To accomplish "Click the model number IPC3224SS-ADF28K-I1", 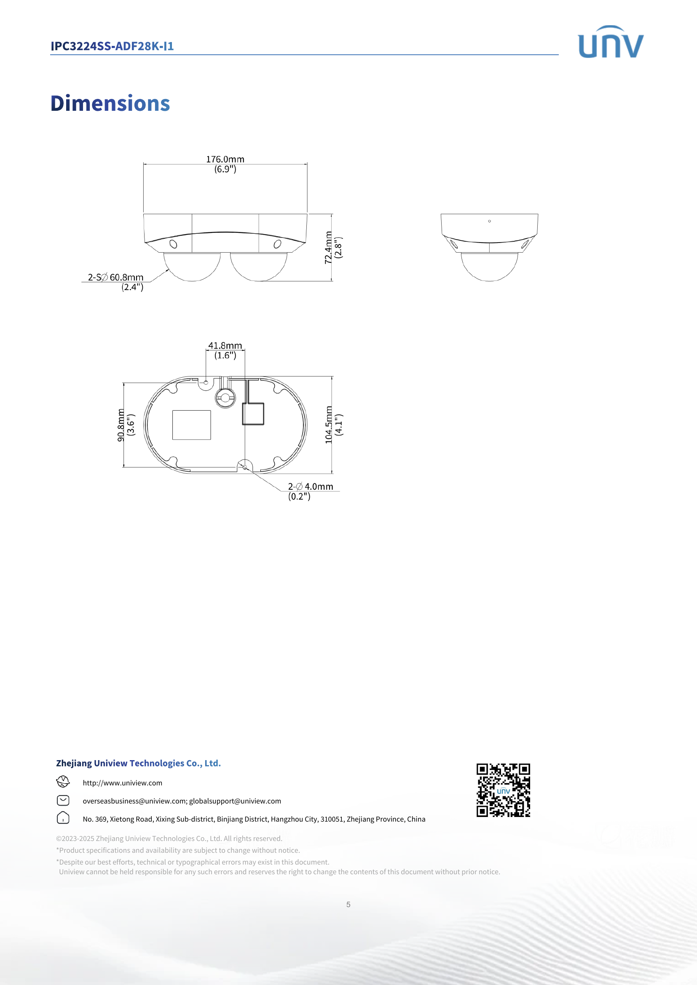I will [x=112, y=46].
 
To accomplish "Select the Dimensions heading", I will [x=110, y=104].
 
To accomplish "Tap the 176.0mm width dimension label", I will [x=225, y=160].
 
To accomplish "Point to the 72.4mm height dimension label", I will [x=328, y=248].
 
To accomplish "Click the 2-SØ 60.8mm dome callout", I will [x=115, y=278].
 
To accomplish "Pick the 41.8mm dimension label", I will [x=225, y=346].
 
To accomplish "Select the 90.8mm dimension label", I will [x=121, y=425].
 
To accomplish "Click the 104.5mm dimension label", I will [x=329, y=425].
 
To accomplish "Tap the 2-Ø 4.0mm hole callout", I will [x=310, y=486].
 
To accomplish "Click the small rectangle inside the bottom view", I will [x=191, y=425].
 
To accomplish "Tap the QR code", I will [x=503, y=790].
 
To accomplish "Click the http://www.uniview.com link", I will [x=122, y=783].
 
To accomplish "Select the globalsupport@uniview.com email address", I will [x=235, y=801].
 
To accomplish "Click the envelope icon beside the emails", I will [x=63, y=801].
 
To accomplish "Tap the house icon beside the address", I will [x=63, y=818].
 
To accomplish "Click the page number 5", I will [x=348, y=904].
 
